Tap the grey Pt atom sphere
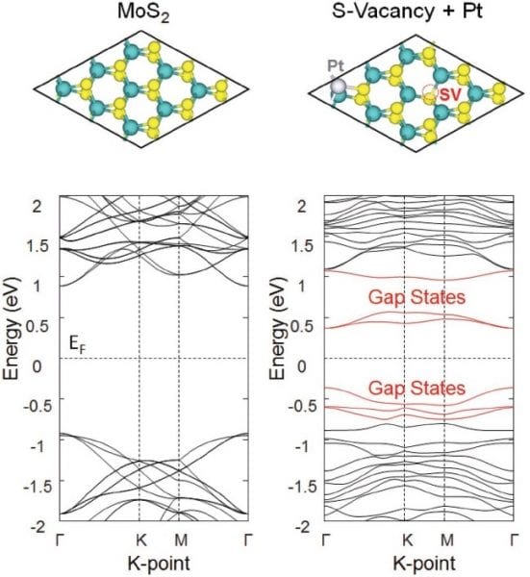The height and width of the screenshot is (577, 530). coord(338,88)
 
